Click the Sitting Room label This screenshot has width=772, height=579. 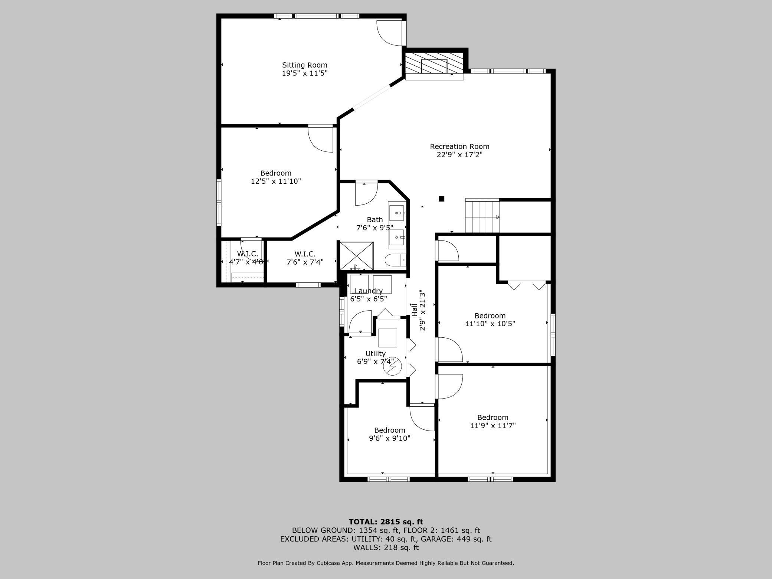[x=305, y=65]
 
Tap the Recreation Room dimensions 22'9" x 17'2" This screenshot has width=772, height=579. [x=459, y=154]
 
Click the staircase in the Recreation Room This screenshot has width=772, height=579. [x=482, y=216]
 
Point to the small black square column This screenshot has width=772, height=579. [x=441, y=199]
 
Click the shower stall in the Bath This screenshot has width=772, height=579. [x=357, y=256]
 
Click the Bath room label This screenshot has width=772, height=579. [x=374, y=220]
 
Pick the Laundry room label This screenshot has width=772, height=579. [x=369, y=291]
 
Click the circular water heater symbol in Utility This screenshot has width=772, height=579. [x=393, y=367]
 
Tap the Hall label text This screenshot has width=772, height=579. [x=414, y=310]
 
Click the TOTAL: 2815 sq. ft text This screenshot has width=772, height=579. [x=386, y=522]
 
